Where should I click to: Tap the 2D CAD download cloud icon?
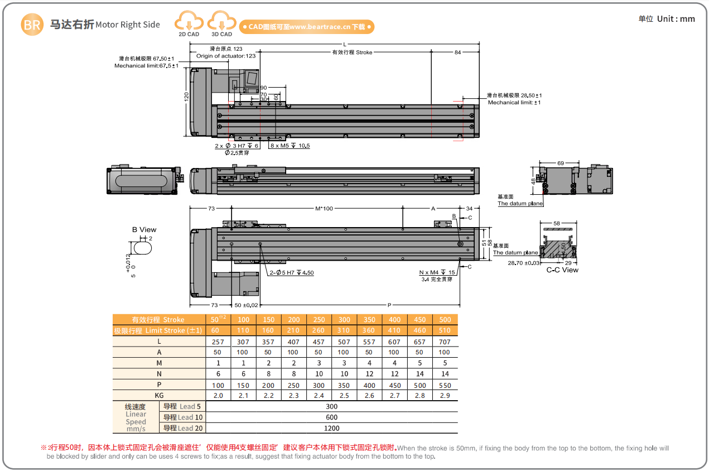(x=189, y=23)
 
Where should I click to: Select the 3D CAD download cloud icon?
(x=221, y=23)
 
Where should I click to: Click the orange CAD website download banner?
(x=306, y=26)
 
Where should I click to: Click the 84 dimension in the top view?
(x=457, y=52)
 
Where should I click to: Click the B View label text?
(x=144, y=229)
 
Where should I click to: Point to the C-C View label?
(x=562, y=270)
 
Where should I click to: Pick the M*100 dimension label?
(x=324, y=209)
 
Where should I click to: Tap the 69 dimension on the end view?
(x=560, y=164)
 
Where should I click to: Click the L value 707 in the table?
(x=445, y=342)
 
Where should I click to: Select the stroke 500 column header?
(x=445, y=320)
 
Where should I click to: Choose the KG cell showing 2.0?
(x=218, y=396)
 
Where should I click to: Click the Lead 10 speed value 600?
(x=331, y=417)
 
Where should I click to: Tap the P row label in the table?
(x=159, y=385)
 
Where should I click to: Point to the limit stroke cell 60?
(x=215, y=330)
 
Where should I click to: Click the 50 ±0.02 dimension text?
(x=247, y=305)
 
